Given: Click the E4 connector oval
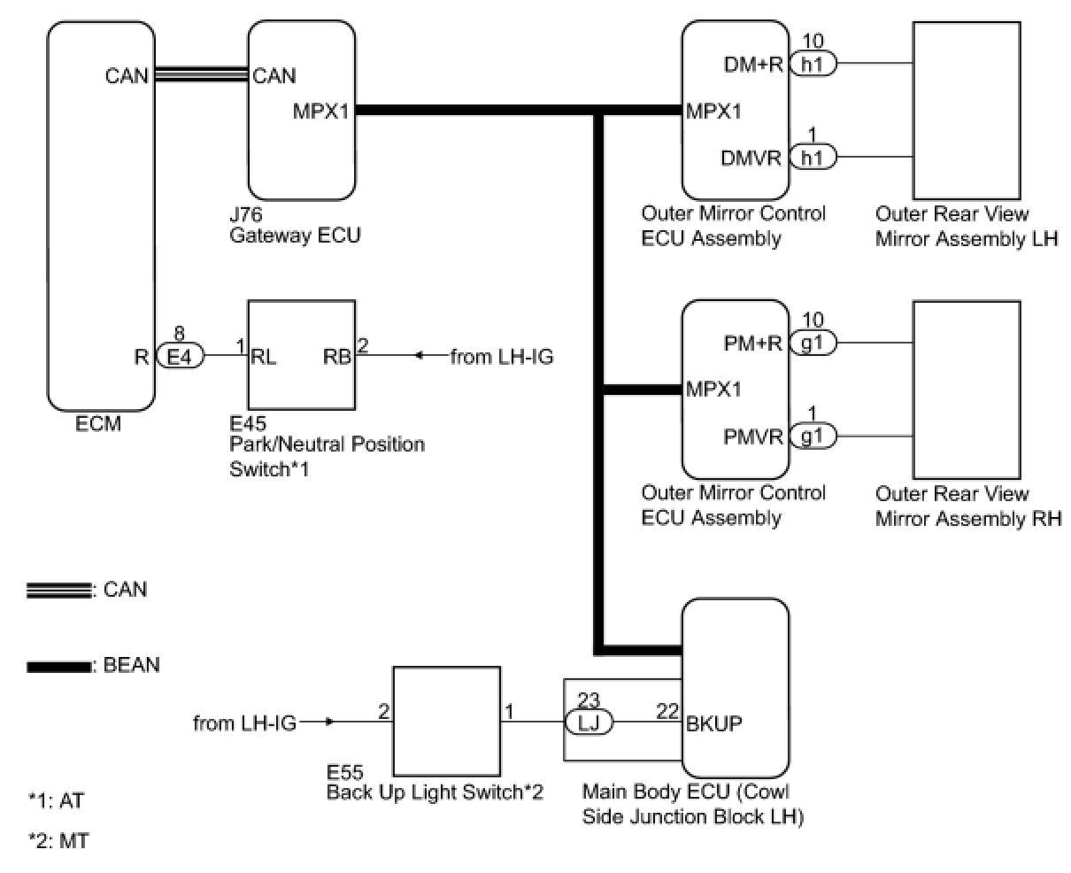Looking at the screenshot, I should coord(180,357).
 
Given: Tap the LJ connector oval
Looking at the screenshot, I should coord(589,723).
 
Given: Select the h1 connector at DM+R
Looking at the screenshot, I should coord(813,64).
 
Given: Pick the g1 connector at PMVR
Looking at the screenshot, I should coord(813,436).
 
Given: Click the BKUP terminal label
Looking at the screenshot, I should coord(714,722).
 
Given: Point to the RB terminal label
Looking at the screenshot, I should coord(337,357).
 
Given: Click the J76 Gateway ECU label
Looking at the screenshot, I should coord(295,226).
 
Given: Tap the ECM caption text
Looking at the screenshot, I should coord(98,424).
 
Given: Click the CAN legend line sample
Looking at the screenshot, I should coord(58,590).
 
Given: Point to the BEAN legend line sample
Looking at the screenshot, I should coord(58,667).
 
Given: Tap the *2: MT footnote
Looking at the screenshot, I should coord(58,841).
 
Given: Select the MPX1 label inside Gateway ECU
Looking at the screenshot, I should coord(320,112).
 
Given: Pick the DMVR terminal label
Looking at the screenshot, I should coord(751,158).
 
